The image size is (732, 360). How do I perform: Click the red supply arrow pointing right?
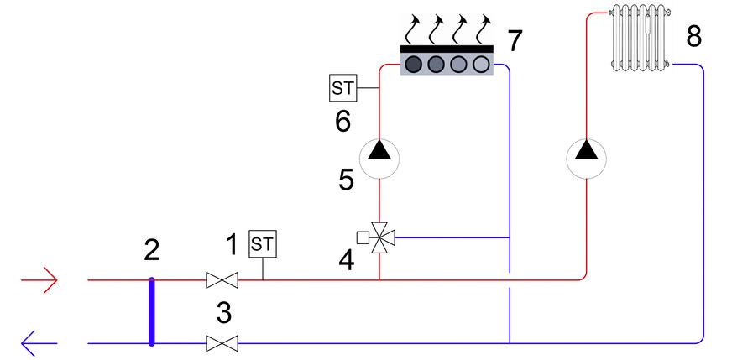[39, 280]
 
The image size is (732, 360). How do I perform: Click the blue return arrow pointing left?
[39, 344]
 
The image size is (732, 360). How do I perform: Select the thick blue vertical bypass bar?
[151, 312]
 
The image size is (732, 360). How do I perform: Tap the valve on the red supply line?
[222, 280]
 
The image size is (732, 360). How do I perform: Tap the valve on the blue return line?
[222, 344]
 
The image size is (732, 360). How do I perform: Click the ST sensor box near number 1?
[263, 243]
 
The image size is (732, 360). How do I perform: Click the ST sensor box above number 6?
[343, 88]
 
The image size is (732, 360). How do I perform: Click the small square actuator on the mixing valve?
[363, 237]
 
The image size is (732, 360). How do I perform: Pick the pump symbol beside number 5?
[379, 159]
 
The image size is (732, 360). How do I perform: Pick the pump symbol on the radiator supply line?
[586, 159]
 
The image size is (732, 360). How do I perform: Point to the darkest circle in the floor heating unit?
[414, 64]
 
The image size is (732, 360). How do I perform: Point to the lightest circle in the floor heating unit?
[481, 64]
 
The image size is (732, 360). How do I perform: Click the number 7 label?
[515, 40]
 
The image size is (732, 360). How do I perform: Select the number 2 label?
[152, 250]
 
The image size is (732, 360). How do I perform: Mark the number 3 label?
[224, 314]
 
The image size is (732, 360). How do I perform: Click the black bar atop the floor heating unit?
[447, 49]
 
